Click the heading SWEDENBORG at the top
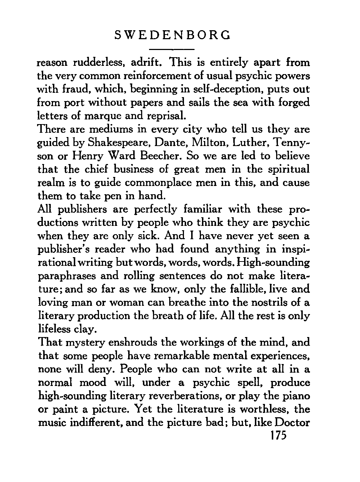172,35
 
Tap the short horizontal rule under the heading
172,49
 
